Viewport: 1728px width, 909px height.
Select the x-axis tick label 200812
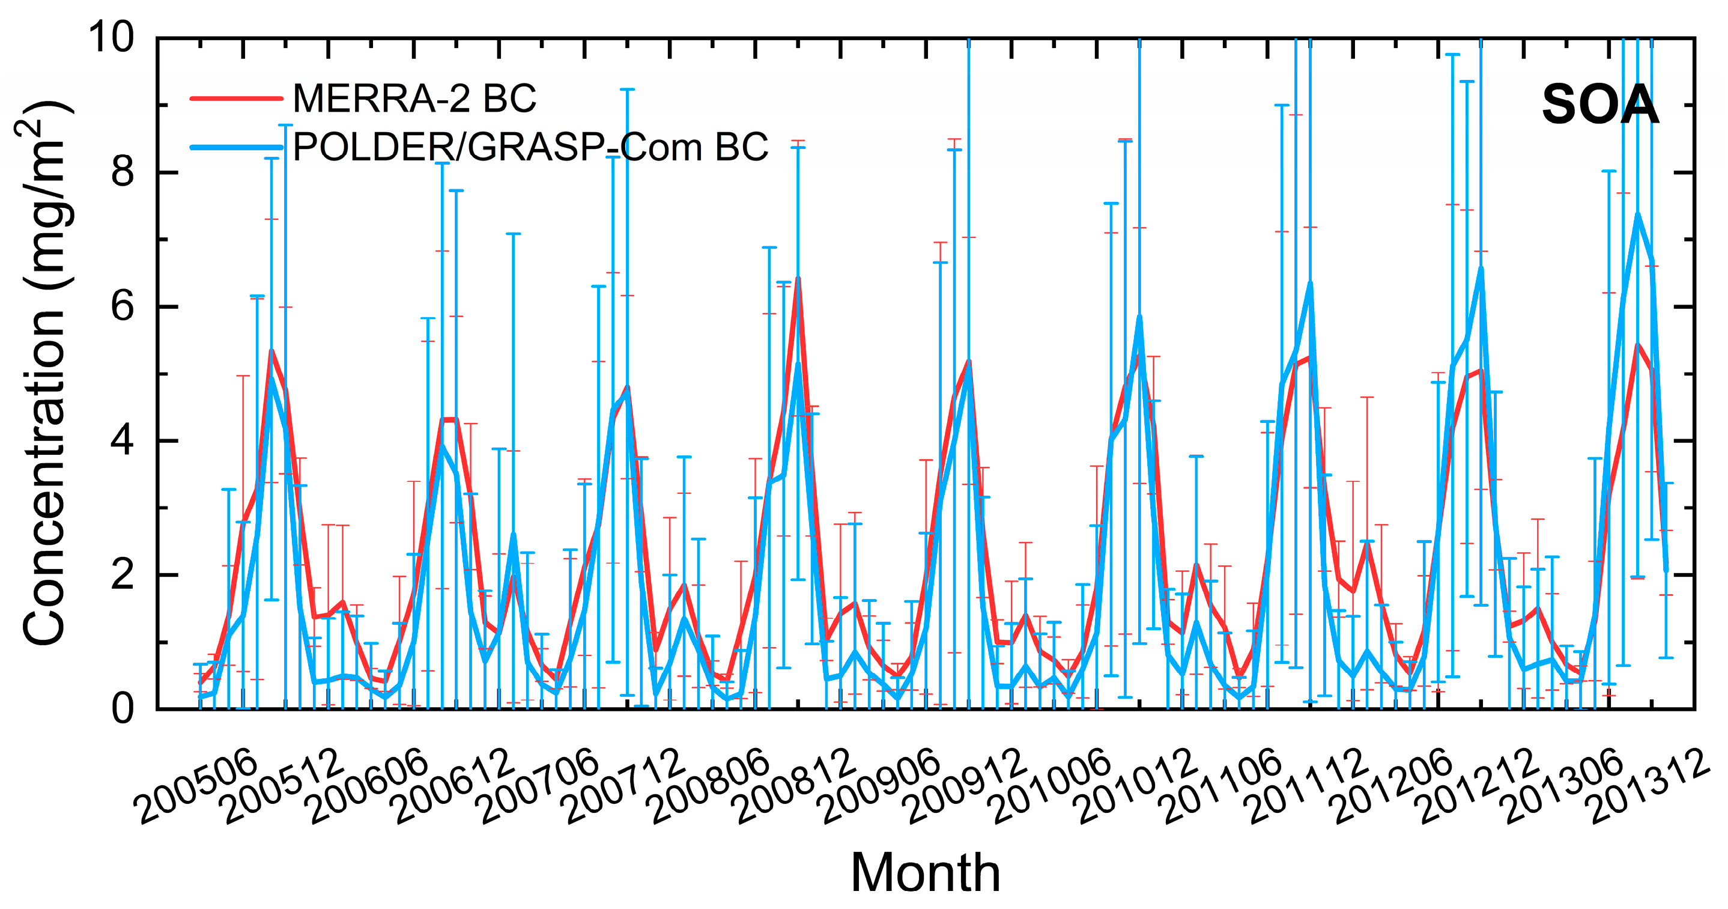click(x=796, y=786)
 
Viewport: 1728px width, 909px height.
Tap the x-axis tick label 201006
click(x=1052, y=786)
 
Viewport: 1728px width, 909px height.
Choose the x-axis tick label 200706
click(x=539, y=786)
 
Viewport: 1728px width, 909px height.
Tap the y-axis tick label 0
click(x=123, y=709)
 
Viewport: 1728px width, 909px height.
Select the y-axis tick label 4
click(x=123, y=442)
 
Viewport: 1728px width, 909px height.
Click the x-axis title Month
click(x=925, y=873)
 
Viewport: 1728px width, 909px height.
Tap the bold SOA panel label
click(x=1600, y=105)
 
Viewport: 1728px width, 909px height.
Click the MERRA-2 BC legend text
click(x=414, y=99)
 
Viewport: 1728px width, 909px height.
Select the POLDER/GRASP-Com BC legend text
click(x=530, y=147)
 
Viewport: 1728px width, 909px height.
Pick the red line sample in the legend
click(x=236, y=99)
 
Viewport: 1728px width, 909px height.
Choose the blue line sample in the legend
click(x=236, y=147)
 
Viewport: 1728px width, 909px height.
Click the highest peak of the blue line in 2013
click(x=1637, y=214)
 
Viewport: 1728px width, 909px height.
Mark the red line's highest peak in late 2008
click(x=798, y=278)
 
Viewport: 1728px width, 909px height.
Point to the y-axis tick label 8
click(x=123, y=172)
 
